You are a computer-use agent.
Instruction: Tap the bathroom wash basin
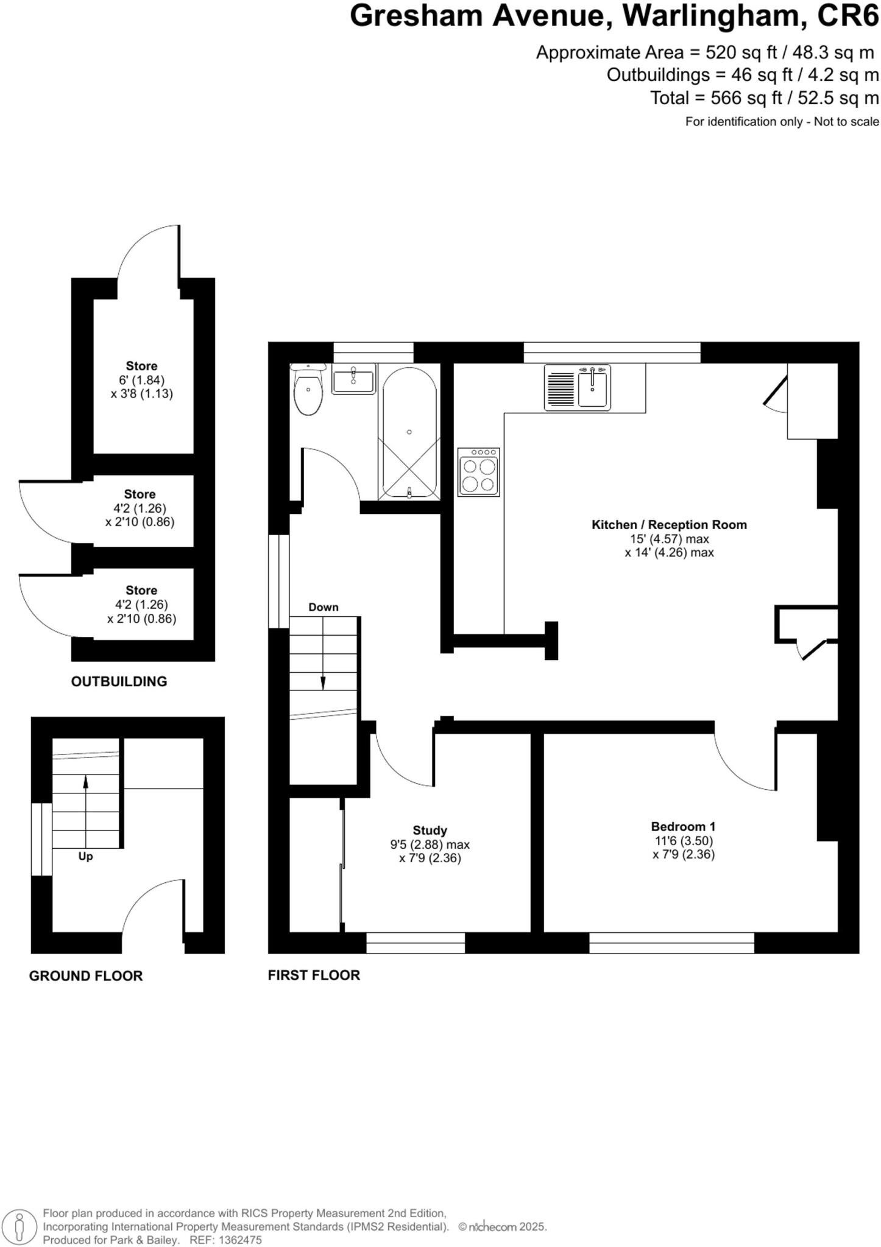pyautogui.click(x=353, y=380)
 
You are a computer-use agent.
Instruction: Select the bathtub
pyautogui.click(x=409, y=432)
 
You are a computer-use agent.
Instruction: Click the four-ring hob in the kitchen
pyautogui.click(x=478, y=472)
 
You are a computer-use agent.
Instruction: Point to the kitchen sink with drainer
pyautogui.click(x=577, y=387)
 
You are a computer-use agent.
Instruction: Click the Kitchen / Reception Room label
pyautogui.click(x=669, y=524)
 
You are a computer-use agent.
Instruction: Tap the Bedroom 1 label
pyautogui.click(x=683, y=826)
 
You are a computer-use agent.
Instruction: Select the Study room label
pyautogui.click(x=430, y=830)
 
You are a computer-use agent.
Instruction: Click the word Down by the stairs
pyautogui.click(x=323, y=607)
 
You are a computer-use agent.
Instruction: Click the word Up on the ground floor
pyautogui.click(x=85, y=856)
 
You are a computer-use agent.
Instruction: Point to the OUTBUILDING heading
pyautogui.click(x=119, y=681)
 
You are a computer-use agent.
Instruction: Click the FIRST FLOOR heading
pyautogui.click(x=314, y=975)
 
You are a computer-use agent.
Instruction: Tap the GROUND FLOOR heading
pyautogui.click(x=86, y=975)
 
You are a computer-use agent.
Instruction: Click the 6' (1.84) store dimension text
pyautogui.click(x=141, y=380)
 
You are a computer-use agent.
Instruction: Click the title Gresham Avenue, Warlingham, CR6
pyautogui.click(x=614, y=17)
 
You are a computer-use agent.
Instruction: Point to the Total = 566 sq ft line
pyautogui.click(x=764, y=98)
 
